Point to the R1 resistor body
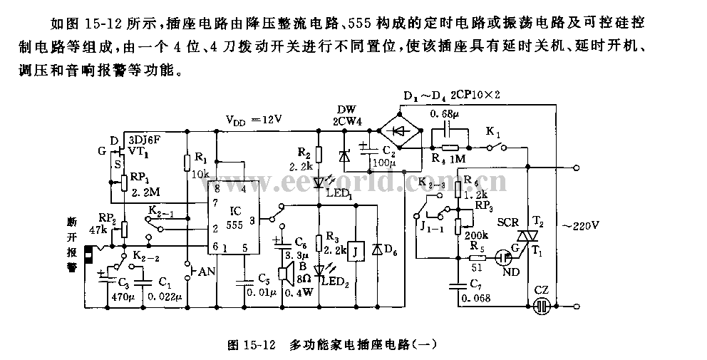click(x=187, y=160)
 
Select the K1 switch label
click(x=493, y=133)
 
